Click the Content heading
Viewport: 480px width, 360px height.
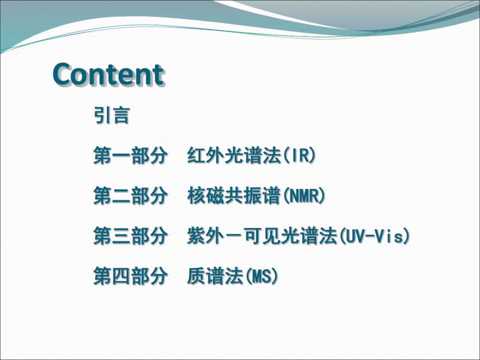109,75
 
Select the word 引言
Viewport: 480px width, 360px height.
111,115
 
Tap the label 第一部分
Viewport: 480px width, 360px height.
130,155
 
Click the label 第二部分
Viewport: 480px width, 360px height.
130,196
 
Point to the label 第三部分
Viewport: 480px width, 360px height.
130,236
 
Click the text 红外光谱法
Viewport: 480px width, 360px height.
234,155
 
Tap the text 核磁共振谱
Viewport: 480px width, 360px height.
234,196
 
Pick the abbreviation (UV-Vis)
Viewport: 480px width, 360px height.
374,236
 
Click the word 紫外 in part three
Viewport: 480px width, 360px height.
206,236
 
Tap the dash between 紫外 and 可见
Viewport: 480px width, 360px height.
234,237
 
